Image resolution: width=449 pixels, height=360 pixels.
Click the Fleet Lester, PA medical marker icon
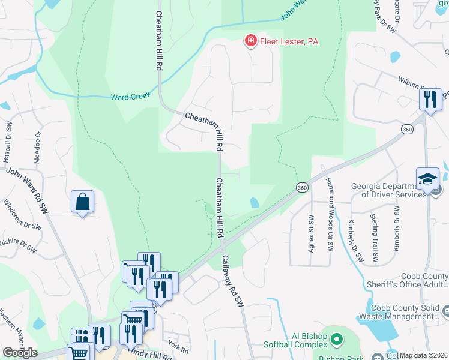pos(250,41)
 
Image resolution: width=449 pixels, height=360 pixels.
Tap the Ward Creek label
pos(130,97)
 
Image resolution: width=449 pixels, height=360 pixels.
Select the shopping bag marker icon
pos(82,202)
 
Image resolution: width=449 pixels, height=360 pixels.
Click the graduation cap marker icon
pos(427,179)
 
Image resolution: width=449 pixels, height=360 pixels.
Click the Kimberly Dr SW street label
pos(355,241)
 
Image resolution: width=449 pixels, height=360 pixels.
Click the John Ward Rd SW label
pos(27,189)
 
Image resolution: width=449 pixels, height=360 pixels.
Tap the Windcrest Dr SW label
pos(22,215)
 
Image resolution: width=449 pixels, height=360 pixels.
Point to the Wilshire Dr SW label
pos(18,245)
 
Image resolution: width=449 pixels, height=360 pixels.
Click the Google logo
pos(19,353)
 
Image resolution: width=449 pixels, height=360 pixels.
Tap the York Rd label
pos(175,346)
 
